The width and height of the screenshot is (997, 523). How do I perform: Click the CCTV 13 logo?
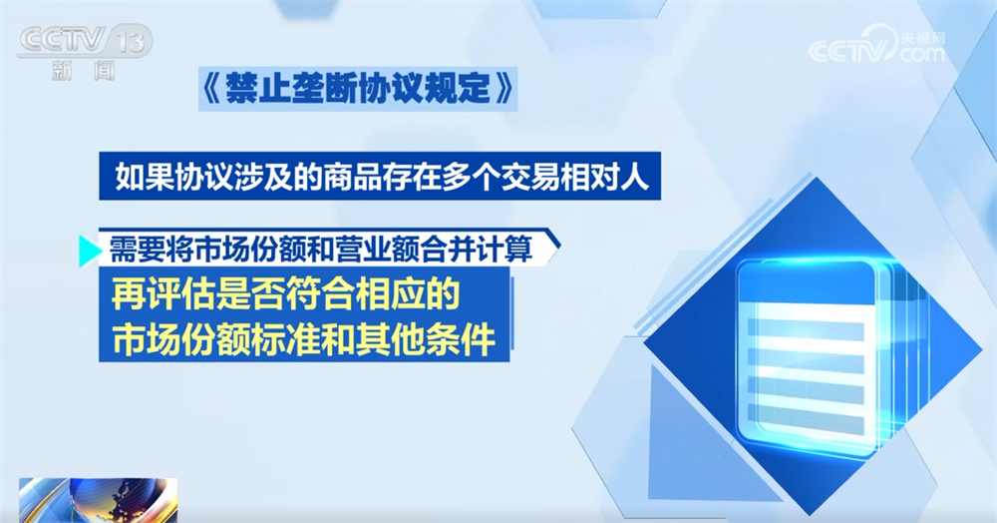(85, 52)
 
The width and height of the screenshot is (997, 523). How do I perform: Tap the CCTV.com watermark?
(876, 45)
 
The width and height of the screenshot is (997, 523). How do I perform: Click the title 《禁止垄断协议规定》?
(357, 89)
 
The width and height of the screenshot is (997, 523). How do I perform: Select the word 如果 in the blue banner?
(143, 176)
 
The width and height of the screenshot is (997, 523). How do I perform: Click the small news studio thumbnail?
(98, 500)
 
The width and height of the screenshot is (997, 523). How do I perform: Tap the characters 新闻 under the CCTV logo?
(85, 71)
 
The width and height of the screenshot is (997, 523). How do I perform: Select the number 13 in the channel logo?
(135, 42)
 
